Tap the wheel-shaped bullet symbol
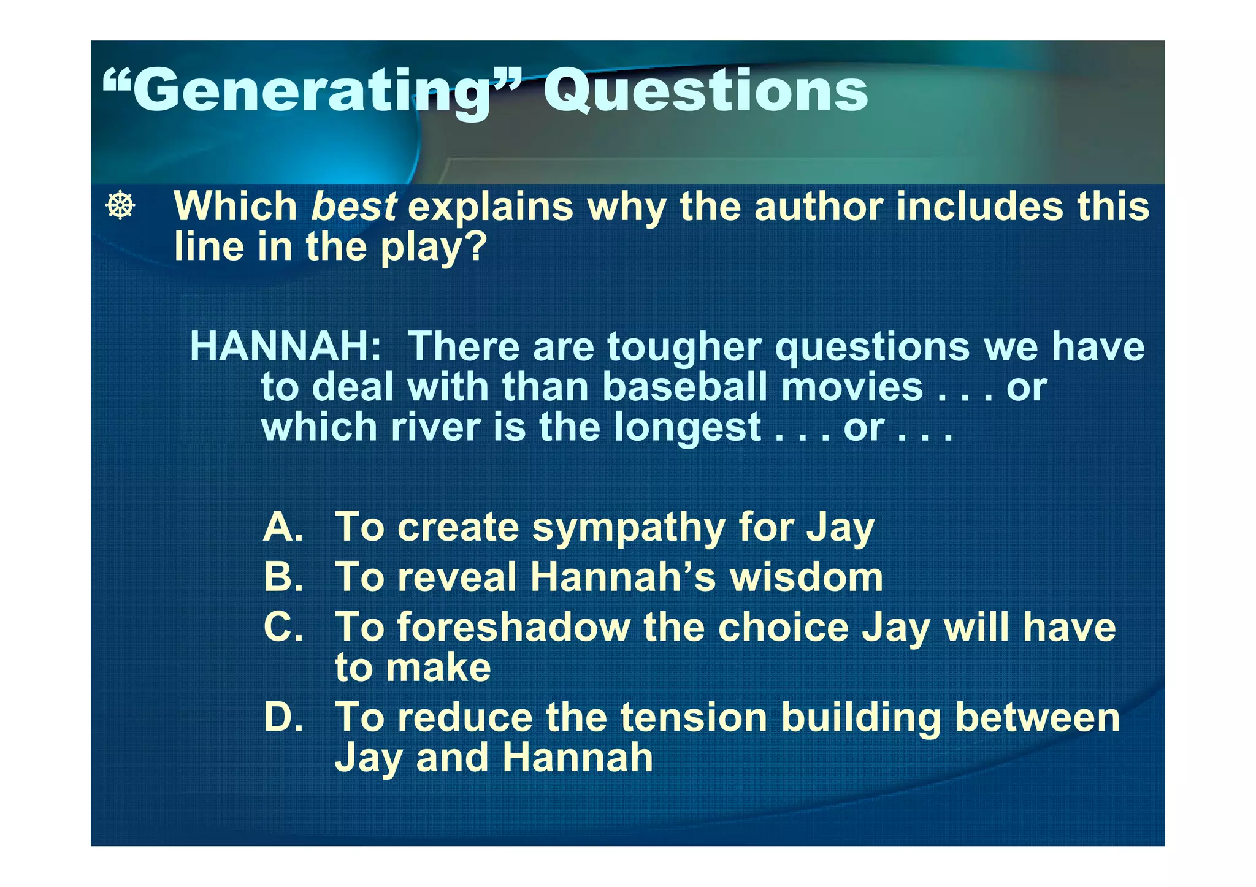(120, 206)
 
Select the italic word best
(354, 207)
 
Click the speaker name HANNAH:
(286, 347)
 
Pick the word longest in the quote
(687, 427)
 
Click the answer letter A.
(283, 527)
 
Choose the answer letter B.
(283, 577)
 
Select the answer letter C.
(283, 628)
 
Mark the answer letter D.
(283, 718)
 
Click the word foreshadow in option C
(513, 628)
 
